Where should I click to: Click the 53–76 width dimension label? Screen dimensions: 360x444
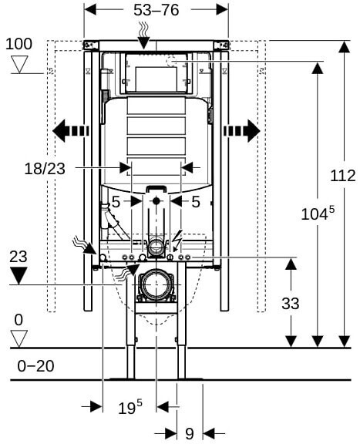click(x=156, y=10)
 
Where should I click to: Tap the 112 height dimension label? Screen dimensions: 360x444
click(x=343, y=176)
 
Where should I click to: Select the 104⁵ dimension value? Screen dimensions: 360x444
click(x=318, y=214)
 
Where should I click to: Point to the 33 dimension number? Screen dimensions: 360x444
click(x=291, y=304)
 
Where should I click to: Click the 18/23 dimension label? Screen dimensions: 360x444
click(x=45, y=169)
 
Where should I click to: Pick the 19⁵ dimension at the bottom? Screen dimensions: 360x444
click(x=130, y=407)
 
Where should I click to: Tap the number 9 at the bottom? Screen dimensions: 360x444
click(x=190, y=433)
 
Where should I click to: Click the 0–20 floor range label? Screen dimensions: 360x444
click(x=35, y=366)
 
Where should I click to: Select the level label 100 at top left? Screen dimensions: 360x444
click(x=19, y=44)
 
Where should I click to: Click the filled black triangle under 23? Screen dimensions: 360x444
click(x=19, y=275)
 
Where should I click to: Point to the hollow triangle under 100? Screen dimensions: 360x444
click(x=20, y=64)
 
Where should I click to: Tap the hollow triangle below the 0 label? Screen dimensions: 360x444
click(x=19, y=338)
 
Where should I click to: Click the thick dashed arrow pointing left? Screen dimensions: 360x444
click(x=71, y=131)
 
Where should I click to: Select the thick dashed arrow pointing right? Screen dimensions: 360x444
click(x=242, y=131)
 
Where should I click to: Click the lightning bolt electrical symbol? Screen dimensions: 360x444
click(x=177, y=241)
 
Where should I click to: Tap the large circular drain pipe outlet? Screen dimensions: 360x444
click(x=156, y=284)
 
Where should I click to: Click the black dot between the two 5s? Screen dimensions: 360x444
click(x=156, y=201)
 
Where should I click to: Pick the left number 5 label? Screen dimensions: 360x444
click(x=116, y=202)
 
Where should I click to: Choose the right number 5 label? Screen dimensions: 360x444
click(x=196, y=202)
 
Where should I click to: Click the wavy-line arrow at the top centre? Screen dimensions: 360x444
click(x=144, y=36)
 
